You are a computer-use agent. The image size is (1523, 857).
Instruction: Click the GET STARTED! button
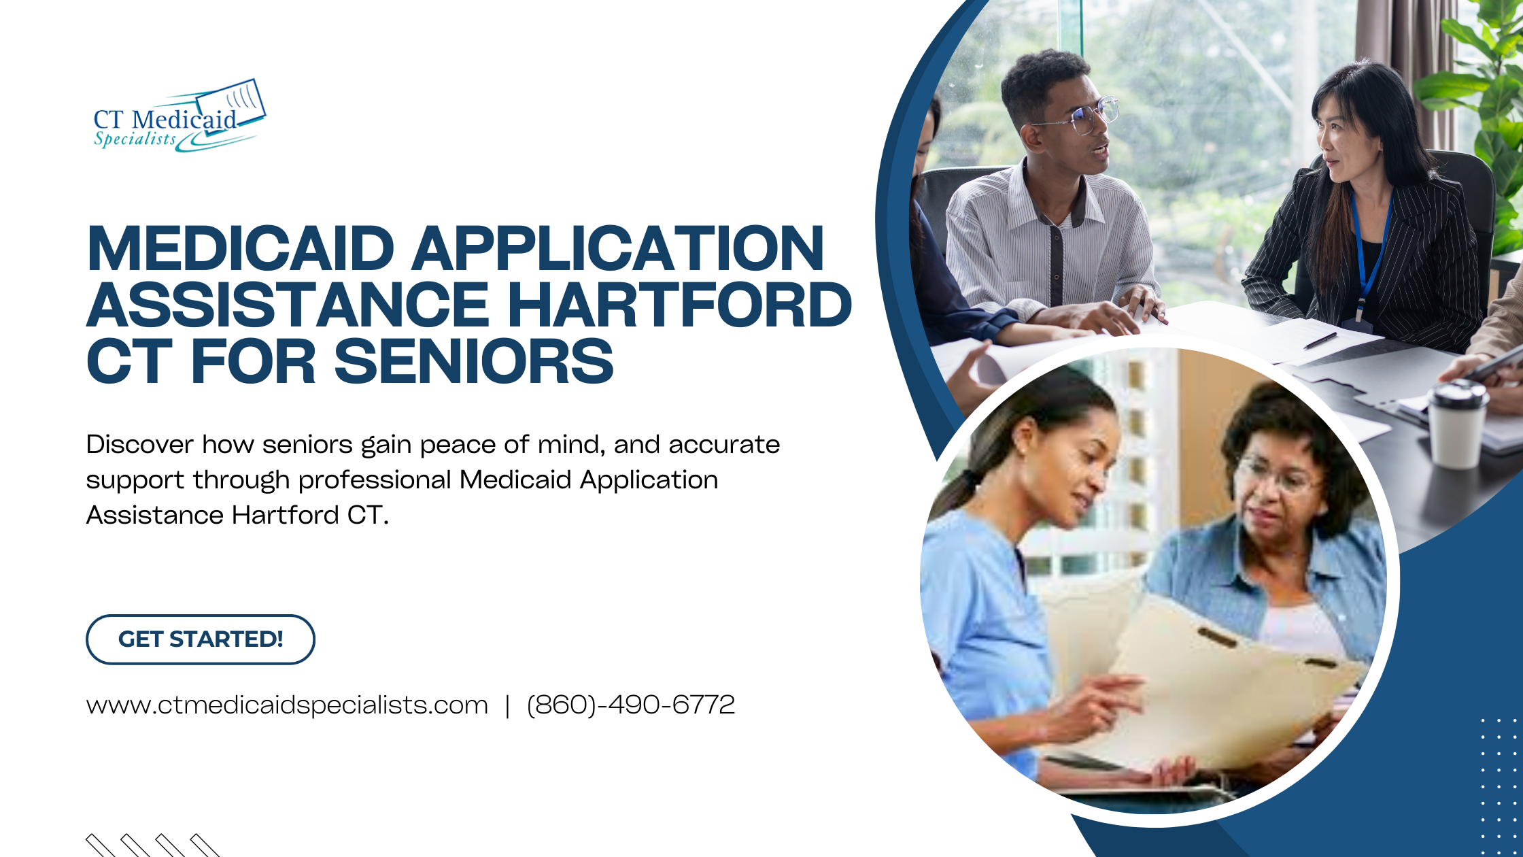point(201,639)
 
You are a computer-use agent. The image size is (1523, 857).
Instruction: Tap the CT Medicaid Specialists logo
point(179,116)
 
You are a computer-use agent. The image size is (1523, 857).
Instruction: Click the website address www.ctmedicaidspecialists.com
point(287,705)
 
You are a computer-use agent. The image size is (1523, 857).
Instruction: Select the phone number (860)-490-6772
point(631,705)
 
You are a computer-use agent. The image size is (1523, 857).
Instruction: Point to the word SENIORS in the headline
point(474,361)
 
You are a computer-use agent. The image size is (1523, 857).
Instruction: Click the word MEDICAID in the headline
point(241,248)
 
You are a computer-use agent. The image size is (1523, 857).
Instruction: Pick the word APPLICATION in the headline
point(618,248)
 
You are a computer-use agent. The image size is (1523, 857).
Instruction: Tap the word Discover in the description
point(139,445)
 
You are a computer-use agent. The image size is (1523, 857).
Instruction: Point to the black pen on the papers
point(1320,341)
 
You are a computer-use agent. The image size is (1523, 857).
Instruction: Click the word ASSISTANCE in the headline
point(288,305)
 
